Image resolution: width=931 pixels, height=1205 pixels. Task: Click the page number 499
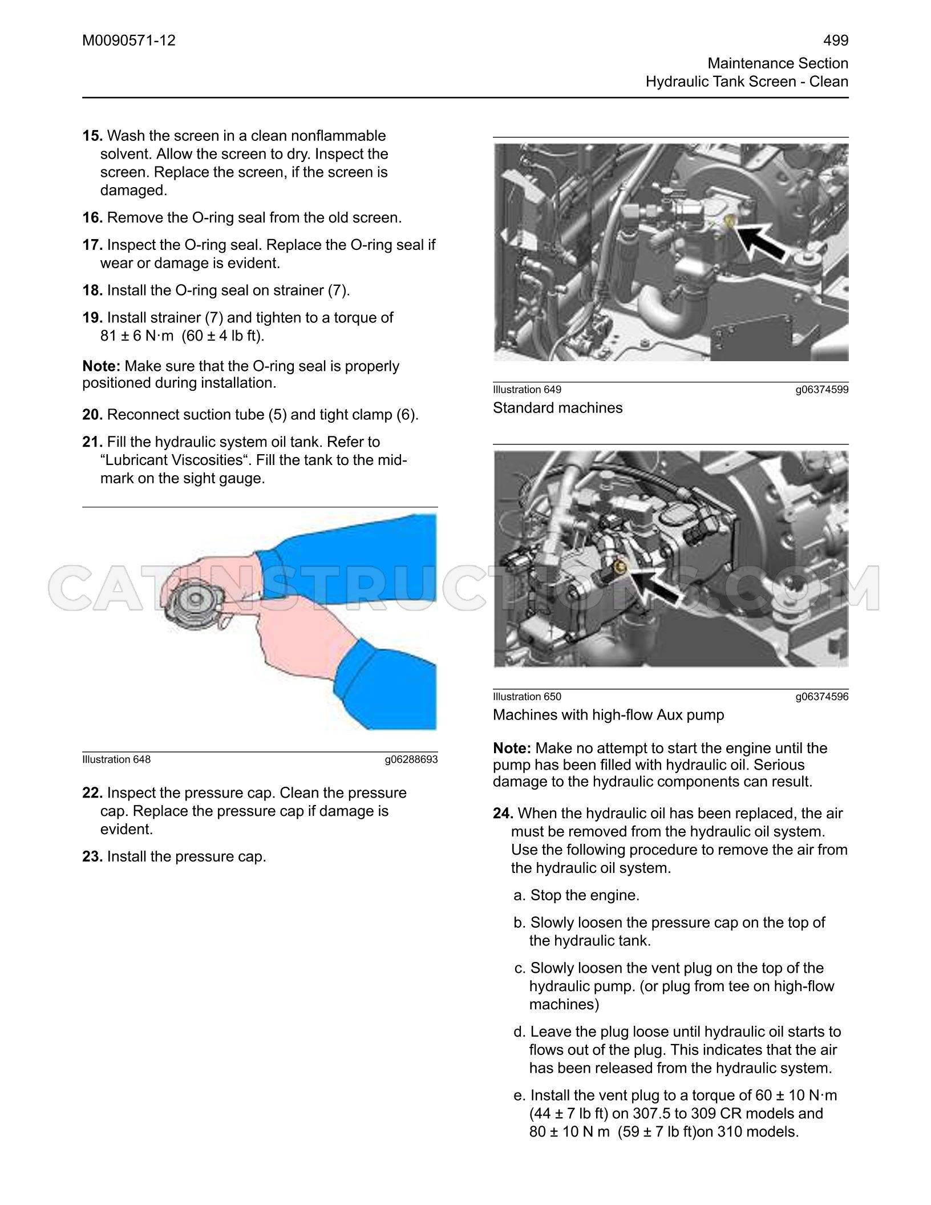836,41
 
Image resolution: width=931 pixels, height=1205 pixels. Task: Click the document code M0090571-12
129,41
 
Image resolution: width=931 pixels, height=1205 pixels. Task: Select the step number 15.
92,136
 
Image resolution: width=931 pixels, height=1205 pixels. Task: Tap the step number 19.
92,318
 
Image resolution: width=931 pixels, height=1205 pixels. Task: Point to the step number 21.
92,442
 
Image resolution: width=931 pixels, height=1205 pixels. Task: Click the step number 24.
503,813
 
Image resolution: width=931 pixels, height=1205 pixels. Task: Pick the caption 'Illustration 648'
116,759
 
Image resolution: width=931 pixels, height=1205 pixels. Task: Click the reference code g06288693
411,759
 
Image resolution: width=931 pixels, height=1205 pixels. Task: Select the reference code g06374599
822,390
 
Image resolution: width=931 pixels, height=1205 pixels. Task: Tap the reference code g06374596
822,697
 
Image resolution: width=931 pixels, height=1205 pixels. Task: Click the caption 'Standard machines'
558,408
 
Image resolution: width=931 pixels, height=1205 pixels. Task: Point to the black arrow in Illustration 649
761,241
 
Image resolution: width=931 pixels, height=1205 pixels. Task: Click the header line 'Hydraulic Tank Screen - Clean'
747,82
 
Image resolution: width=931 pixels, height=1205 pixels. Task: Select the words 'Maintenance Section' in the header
778,63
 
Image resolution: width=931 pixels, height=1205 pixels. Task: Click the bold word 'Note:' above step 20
101,366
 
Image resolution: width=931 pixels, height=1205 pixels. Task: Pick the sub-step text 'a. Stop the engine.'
576,895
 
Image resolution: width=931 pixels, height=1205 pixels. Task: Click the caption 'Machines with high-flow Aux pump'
609,715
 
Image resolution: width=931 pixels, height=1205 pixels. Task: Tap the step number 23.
92,856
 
